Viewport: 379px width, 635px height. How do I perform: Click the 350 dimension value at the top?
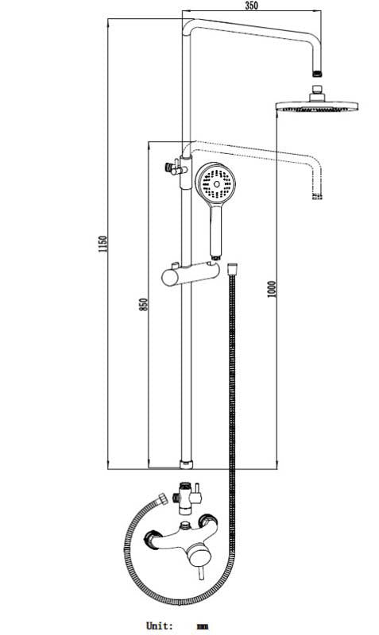click(x=251, y=5)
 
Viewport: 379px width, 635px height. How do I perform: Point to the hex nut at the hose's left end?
click(x=164, y=499)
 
